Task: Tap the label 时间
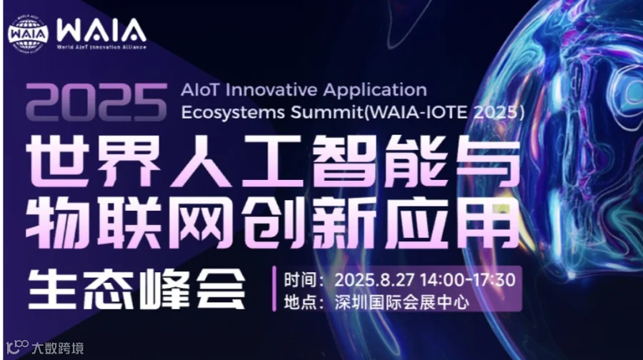[301, 279]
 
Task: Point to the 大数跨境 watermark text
[56, 348]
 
